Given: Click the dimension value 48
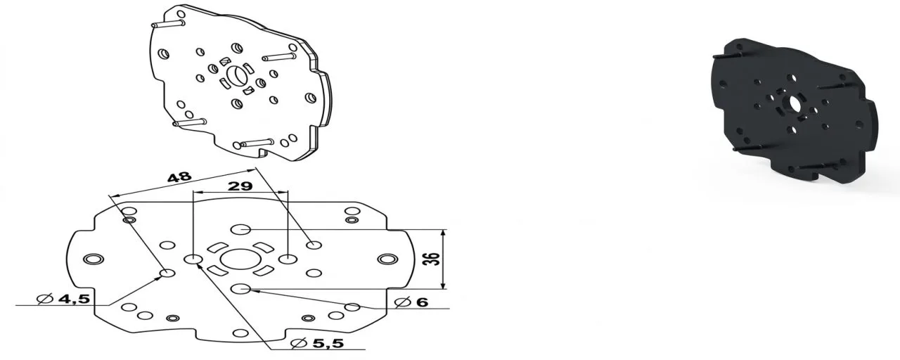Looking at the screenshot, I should point(179,177).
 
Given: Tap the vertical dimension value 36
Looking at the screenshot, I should point(435,258).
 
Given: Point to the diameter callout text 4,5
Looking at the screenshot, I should point(72,299).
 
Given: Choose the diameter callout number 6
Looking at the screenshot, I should point(421,302).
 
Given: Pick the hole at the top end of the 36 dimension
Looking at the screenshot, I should point(241,229).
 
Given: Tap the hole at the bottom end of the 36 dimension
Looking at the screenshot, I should point(241,288).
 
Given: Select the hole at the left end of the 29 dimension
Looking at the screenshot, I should point(193,259).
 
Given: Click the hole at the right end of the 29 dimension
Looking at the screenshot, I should point(288,259).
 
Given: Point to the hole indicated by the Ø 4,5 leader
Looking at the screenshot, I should point(167,274).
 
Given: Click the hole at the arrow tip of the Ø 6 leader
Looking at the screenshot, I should point(352,307).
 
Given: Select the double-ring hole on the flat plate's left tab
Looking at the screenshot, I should point(91,259).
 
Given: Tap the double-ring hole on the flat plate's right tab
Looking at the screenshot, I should point(386,260).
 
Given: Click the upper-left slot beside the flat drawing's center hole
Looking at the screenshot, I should point(217,247).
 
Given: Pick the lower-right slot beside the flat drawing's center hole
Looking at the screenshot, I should point(264,271).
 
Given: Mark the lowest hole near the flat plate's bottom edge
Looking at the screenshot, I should point(240,333).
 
